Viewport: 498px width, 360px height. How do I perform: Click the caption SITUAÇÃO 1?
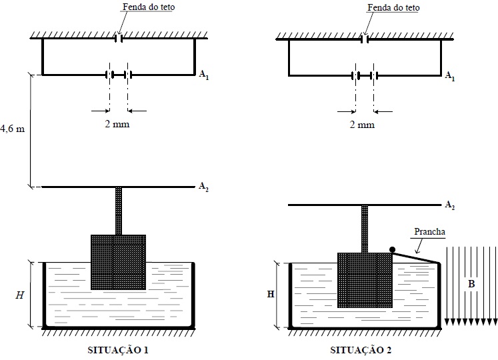(118, 349)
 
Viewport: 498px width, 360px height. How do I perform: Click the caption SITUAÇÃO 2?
(361, 349)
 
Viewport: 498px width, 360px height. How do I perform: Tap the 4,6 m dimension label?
(12, 129)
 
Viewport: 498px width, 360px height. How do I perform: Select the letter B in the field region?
(471, 283)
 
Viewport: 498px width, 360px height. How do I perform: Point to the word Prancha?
(429, 231)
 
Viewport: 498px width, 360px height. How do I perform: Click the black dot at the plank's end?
(393, 249)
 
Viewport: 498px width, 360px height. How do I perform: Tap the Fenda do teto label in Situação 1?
(149, 7)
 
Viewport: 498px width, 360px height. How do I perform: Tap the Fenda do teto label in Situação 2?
(393, 7)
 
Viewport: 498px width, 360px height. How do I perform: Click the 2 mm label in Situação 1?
(117, 123)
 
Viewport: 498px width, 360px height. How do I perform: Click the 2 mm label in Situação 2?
(362, 124)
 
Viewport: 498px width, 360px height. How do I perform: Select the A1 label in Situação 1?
(204, 75)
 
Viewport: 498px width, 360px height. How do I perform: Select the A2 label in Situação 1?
(204, 187)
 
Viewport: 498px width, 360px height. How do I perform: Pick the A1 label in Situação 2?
(450, 76)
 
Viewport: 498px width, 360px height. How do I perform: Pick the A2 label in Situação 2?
(450, 205)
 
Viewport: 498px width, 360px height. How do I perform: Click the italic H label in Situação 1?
(20, 295)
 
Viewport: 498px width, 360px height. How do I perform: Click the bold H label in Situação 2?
(271, 294)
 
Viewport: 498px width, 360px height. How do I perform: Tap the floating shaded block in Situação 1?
(118, 262)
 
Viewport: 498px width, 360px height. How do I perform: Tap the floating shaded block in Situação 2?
(365, 280)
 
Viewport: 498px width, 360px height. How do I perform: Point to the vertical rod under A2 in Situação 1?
(119, 211)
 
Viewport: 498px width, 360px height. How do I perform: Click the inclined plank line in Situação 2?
(416, 257)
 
